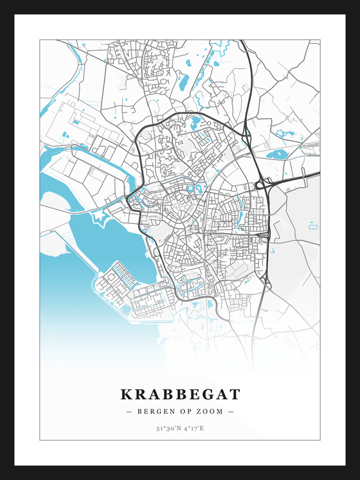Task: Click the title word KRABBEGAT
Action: [x=180, y=393]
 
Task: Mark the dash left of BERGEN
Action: [x=129, y=411]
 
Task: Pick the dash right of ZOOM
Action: [x=231, y=411]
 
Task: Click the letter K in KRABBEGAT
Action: [x=126, y=393]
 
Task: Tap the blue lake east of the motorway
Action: [x=277, y=154]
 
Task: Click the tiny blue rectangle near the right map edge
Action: [x=313, y=226]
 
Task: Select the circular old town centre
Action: [x=175, y=207]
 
